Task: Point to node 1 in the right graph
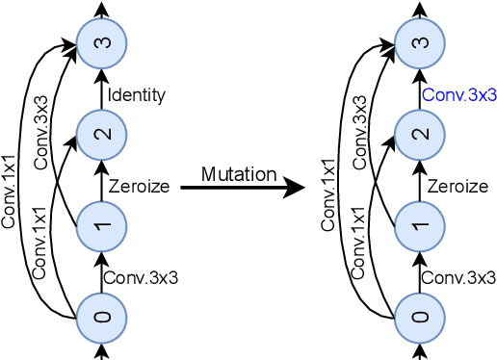tap(419, 225)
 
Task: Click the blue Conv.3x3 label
tap(458, 95)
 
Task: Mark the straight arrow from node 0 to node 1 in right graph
tap(419, 271)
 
